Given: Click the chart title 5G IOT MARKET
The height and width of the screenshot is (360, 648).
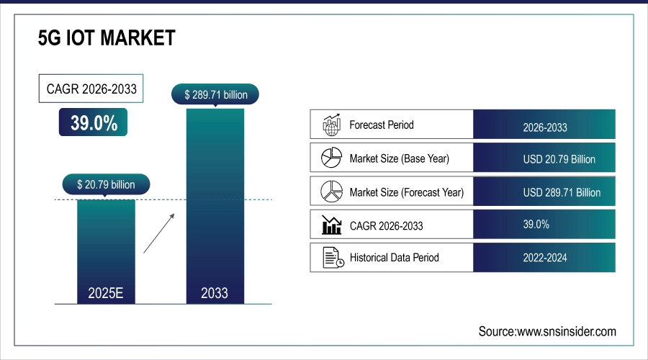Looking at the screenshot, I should [107, 38].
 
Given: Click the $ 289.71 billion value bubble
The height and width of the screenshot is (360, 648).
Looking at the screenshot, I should [215, 94].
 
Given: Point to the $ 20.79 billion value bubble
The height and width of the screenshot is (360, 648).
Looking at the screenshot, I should [106, 184].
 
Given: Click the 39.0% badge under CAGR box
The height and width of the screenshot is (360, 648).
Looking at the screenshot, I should [94, 122].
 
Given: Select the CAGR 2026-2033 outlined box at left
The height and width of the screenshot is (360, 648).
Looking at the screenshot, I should [90, 90].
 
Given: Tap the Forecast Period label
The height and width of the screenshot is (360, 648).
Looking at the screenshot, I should [382, 125].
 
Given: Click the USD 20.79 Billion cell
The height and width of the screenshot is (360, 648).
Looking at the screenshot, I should [544, 158].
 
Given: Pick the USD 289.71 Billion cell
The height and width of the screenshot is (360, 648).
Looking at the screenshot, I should [544, 192].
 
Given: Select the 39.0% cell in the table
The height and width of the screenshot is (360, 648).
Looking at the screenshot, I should [544, 225].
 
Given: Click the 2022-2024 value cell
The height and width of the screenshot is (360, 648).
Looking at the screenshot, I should [544, 258].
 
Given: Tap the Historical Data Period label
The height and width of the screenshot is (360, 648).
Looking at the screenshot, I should [394, 258].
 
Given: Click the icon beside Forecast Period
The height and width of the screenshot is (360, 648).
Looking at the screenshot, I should [330, 125].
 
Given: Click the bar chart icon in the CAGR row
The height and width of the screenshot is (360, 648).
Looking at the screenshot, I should [330, 225].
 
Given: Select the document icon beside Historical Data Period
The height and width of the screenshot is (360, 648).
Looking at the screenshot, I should [330, 258].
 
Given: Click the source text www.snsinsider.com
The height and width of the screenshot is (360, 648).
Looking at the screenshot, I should [547, 331].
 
